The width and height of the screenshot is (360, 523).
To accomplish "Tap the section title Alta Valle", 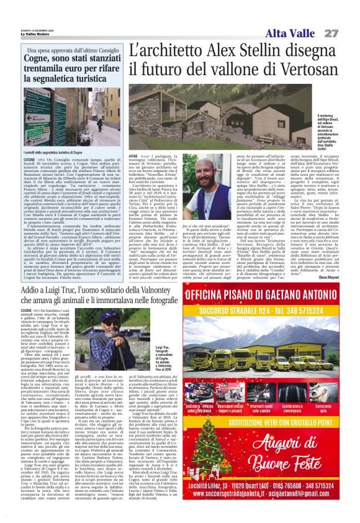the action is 292,33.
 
